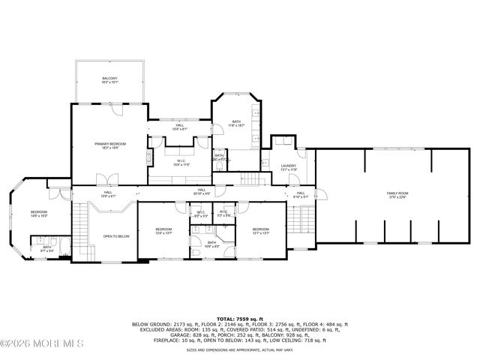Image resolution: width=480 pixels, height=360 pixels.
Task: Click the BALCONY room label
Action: (109, 80)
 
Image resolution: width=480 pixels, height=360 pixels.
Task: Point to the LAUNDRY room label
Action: (288, 168)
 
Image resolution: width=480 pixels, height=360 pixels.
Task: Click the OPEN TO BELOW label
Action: (116, 236)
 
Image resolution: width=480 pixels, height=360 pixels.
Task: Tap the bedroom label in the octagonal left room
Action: (39, 214)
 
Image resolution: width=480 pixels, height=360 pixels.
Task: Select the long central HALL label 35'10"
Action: (202, 192)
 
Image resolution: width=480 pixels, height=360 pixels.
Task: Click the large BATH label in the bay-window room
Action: (236, 124)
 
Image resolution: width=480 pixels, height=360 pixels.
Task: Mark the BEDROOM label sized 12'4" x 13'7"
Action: (163, 231)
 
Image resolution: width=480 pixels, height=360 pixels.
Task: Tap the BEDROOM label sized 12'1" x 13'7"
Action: (260, 231)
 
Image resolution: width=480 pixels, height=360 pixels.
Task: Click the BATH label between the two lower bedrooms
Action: (211, 244)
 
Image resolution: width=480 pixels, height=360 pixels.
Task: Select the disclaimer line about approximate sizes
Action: (239, 349)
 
